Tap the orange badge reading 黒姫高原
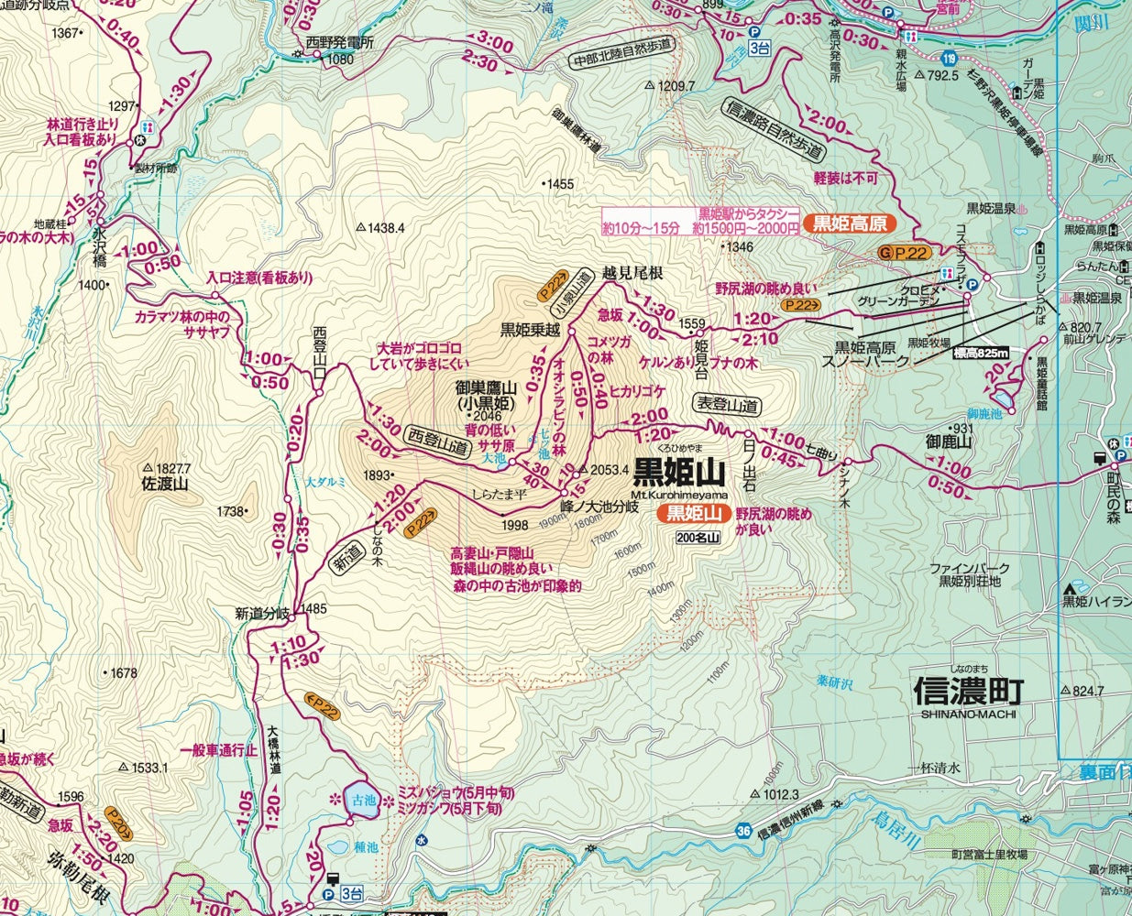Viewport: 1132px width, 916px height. pos(849,223)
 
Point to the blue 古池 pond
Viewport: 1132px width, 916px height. pos(363,799)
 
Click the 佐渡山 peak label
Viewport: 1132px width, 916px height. pos(165,484)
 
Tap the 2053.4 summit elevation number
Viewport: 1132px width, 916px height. pos(610,470)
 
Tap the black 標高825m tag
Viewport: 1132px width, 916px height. pos(980,354)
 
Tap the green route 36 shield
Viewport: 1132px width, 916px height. pos(743,831)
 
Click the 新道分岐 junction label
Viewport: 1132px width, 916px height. pos(262,613)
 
